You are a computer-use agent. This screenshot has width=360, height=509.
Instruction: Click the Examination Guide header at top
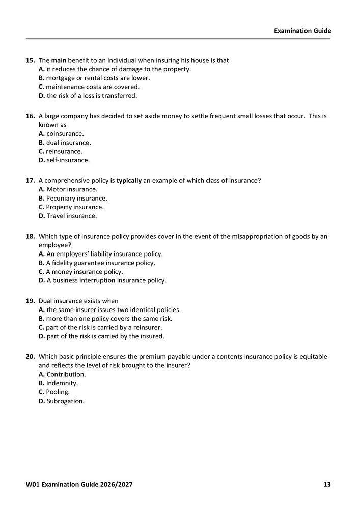click(x=302, y=31)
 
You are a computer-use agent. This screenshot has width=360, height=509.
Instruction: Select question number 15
click(x=30, y=60)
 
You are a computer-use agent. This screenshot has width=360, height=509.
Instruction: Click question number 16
click(x=30, y=116)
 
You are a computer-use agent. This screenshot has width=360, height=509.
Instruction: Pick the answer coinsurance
click(x=62, y=133)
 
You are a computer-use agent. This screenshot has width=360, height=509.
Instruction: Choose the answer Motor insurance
click(x=68, y=189)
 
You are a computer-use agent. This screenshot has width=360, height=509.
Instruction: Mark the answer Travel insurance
click(x=67, y=216)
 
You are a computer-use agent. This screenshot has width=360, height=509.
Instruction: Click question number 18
click(x=30, y=237)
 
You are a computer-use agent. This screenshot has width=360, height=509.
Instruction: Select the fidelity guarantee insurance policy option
click(x=97, y=263)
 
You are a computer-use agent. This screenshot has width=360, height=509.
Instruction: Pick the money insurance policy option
click(x=84, y=271)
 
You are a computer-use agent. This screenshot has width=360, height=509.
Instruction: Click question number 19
click(x=30, y=301)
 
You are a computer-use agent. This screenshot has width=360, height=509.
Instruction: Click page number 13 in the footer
click(x=327, y=484)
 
